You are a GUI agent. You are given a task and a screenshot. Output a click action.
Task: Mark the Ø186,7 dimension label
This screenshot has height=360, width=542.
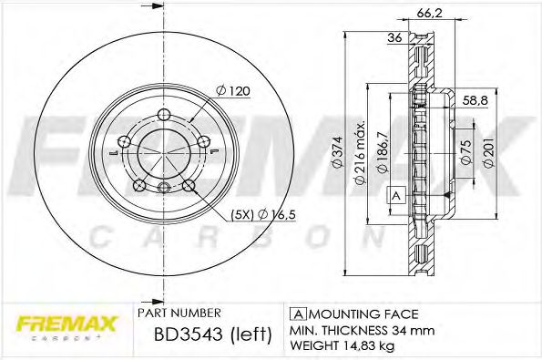point(383,152)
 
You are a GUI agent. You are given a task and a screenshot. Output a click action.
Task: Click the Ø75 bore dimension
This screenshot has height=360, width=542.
point(465,152)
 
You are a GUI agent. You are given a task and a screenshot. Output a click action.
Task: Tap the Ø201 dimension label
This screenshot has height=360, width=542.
point(487,152)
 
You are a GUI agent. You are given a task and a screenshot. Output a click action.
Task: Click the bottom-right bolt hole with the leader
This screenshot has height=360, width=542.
point(189,187)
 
